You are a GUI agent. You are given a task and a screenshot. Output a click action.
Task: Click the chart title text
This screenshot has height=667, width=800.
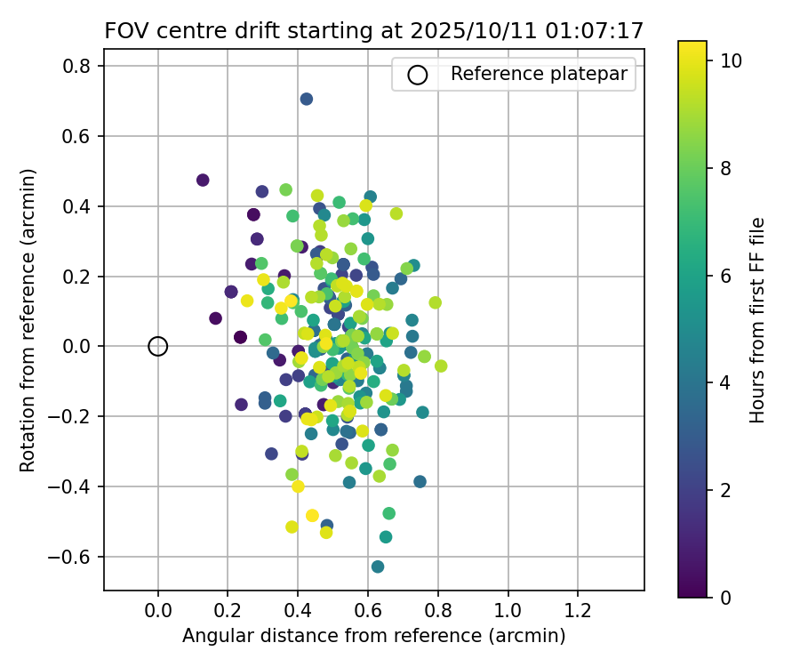coord(373,30)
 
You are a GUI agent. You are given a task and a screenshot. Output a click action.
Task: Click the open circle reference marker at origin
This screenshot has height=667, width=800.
coord(157,346)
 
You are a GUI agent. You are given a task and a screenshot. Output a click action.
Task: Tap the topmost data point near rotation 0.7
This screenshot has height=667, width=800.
coord(306,99)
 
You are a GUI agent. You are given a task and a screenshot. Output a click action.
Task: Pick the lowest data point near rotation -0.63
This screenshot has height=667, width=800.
coord(378,567)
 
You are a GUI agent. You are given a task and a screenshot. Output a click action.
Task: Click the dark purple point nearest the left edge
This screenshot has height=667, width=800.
coord(203,180)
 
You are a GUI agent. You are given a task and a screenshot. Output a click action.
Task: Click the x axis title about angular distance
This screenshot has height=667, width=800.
coord(373,636)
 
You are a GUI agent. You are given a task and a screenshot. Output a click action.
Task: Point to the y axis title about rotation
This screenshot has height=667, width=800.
coord(28,320)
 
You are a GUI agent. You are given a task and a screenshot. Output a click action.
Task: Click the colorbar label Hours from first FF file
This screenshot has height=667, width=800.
coord(757,320)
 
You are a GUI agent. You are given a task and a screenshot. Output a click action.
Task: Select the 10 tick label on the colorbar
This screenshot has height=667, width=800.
coord(730,61)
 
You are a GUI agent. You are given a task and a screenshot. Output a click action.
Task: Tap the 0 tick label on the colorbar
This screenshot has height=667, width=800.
coord(725,598)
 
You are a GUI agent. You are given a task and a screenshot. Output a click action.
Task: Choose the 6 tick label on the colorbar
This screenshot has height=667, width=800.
coord(725,276)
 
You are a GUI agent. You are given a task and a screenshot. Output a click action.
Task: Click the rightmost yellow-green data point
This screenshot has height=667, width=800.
coord(441,366)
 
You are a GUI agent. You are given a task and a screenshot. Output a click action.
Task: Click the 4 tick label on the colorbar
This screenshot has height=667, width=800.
coord(725,383)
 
